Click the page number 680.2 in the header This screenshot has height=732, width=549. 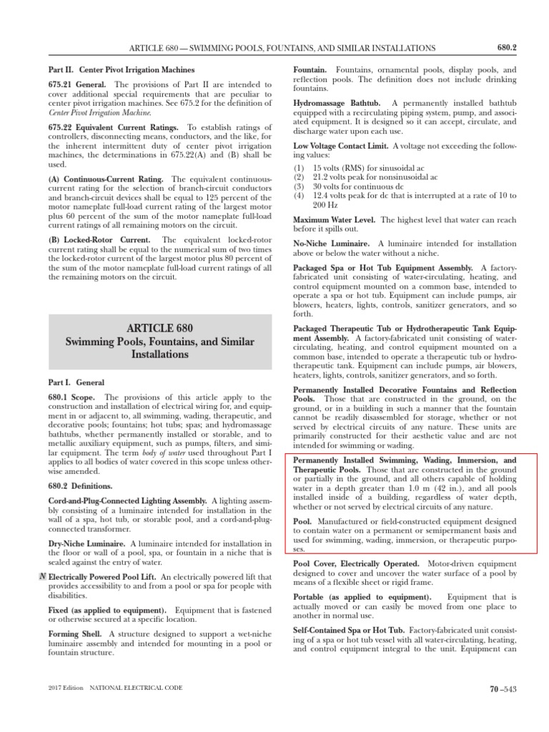tap(506, 48)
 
